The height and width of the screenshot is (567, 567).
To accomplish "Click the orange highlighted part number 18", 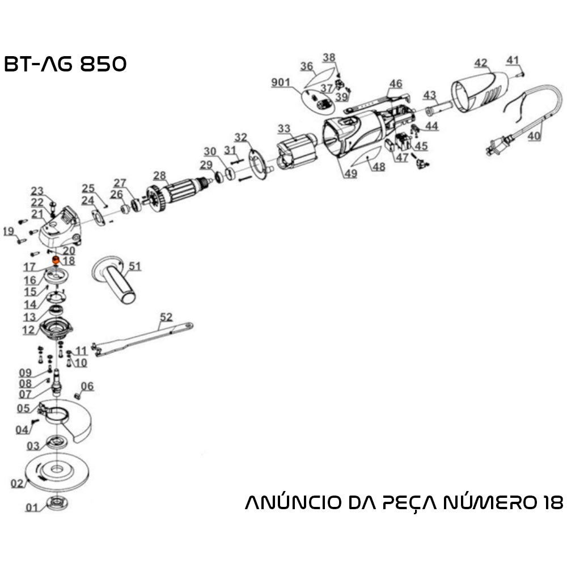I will [56, 261].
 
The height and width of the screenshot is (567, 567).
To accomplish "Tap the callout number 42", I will [481, 62].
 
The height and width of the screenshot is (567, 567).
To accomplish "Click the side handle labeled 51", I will [116, 281].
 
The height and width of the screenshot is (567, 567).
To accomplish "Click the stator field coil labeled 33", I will [296, 151].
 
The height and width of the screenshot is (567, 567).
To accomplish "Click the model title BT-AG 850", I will [65, 64].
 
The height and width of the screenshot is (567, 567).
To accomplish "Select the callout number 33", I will [283, 129].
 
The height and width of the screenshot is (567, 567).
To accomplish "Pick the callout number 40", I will [534, 136].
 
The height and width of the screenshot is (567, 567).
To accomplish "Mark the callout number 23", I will [37, 191].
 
